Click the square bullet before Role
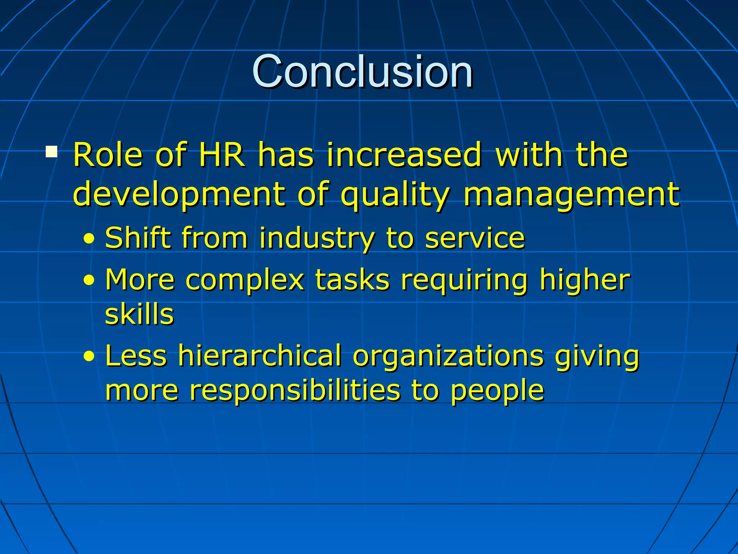click(x=52, y=151)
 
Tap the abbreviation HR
click(x=222, y=155)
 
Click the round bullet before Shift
click(x=89, y=238)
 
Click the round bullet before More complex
click(x=89, y=280)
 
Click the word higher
click(x=584, y=280)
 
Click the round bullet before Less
click(x=89, y=356)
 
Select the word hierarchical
click(x=259, y=356)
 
